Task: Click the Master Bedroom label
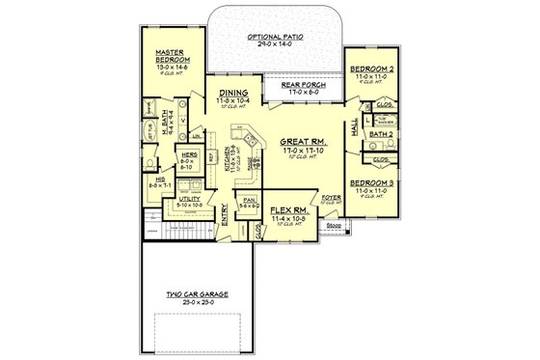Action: coord(171,56)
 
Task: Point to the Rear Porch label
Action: coord(303,85)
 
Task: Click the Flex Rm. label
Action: coord(288,209)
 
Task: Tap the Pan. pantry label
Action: coord(249,201)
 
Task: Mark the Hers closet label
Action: coord(188,154)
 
